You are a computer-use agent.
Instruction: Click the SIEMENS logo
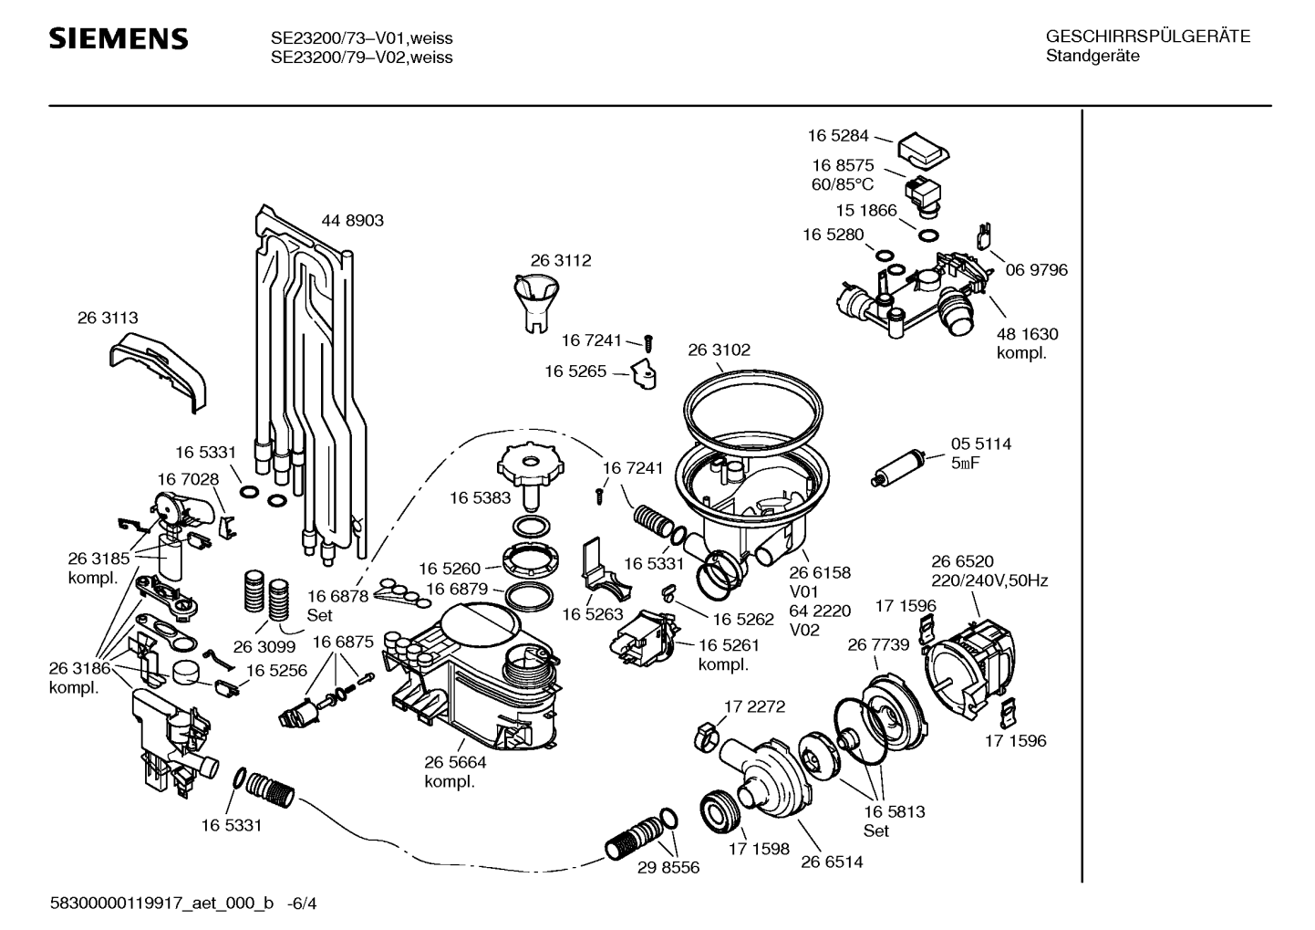coord(119,38)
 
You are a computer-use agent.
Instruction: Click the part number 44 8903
coord(352,220)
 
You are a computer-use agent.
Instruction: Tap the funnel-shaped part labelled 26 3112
coord(536,303)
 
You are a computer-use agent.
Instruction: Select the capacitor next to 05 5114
coord(899,467)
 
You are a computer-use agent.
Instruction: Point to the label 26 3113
coord(108,318)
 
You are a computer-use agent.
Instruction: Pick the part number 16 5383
coord(481,498)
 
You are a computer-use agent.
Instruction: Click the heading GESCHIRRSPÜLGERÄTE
coord(1148,37)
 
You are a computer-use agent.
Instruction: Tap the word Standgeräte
coord(1092,57)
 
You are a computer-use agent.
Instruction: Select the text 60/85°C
coord(843,184)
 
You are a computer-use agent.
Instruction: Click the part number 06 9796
coord(1036,270)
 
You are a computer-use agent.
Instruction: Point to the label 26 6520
coord(962,561)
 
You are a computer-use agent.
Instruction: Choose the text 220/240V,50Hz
coord(989,581)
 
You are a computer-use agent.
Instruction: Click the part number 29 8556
coord(668,868)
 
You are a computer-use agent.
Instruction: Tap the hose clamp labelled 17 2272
coord(706,737)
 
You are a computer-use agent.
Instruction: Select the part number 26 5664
coord(456,763)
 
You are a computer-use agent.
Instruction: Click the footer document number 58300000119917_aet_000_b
coord(162,904)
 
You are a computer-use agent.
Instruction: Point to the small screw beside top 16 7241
coord(648,343)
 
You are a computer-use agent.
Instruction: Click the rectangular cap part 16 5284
coord(924,151)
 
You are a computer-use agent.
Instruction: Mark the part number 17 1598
coord(759,849)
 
